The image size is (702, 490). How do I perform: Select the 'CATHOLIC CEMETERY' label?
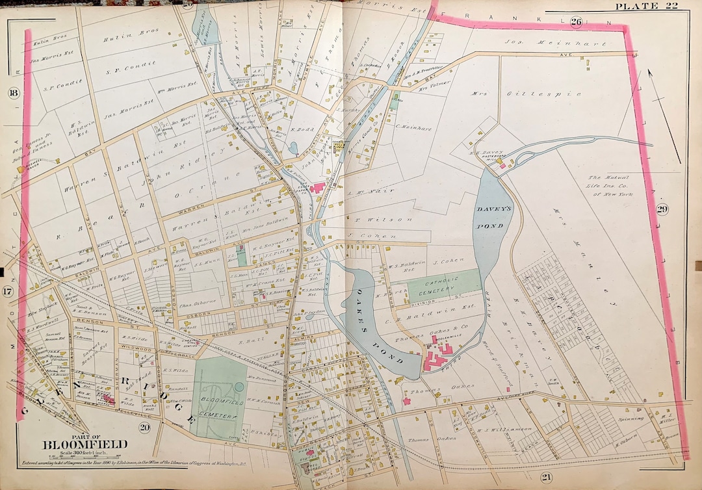444,287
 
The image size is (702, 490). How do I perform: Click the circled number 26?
577,21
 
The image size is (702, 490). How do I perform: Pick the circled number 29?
662,209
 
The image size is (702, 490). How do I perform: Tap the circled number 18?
12,93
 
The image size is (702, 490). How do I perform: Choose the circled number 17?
7,292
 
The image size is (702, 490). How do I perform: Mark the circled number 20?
144,426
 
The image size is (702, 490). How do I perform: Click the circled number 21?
545,478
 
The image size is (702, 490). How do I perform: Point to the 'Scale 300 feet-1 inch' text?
75,453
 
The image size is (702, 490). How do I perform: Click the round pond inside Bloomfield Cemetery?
239,387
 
